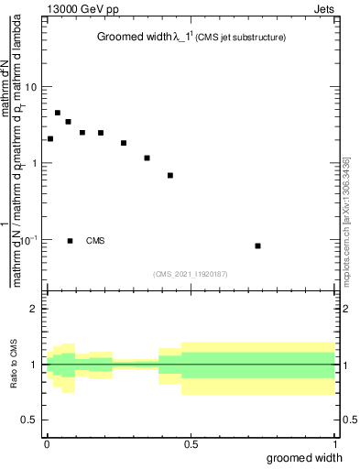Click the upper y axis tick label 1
tap(34, 163)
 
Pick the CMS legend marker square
tap(71, 241)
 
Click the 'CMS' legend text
tap(95, 241)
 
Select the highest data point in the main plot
tap(58, 114)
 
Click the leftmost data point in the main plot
tap(50, 139)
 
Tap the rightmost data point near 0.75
tap(258, 245)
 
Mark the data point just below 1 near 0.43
tap(170, 175)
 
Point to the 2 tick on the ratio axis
tap(34, 309)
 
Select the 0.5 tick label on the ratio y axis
tap(29, 420)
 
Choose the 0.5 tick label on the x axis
tap(191, 443)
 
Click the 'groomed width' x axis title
tap(306, 457)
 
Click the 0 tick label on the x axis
tap(47, 443)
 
